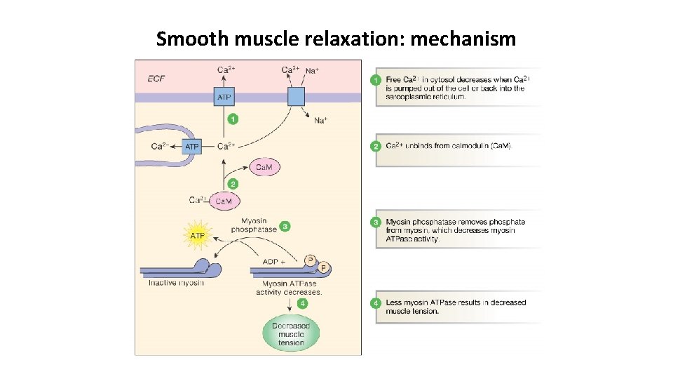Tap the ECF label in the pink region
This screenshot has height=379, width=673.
click(156, 78)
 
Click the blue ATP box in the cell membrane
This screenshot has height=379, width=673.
click(224, 97)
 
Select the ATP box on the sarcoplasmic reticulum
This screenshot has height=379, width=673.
click(191, 147)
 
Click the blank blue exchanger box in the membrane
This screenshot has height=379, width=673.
click(296, 97)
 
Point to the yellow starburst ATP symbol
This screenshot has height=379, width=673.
click(197, 236)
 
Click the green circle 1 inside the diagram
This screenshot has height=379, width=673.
click(233, 119)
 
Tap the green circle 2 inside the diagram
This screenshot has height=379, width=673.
click(233, 183)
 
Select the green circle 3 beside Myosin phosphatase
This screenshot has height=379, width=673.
click(285, 226)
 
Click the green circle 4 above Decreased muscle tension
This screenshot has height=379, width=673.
click(302, 304)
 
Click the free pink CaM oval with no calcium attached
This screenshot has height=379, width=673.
click(264, 167)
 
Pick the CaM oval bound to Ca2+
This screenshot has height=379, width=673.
click(223, 201)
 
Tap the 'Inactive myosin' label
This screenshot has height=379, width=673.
click(176, 283)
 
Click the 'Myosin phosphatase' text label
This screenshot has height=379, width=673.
click(254, 225)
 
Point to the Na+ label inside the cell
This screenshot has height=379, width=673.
click(320, 121)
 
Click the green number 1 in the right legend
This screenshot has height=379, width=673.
click(376, 80)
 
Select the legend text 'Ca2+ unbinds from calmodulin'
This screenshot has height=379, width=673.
click(449, 146)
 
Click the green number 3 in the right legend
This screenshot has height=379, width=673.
click(376, 222)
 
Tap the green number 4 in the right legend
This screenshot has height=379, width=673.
click(376, 303)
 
